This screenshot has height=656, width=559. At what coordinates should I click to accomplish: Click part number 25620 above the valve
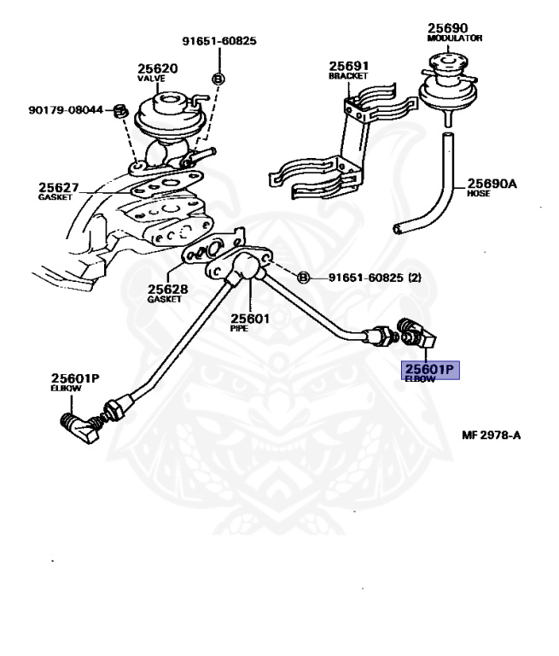coord(158,68)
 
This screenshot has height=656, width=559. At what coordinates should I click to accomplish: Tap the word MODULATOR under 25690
coord(455,38)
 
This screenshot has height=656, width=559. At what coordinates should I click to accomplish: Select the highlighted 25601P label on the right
coord(431,369)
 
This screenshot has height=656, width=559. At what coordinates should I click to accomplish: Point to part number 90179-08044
coord(65,110)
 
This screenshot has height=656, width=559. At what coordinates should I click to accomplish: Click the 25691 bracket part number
coord(348,65)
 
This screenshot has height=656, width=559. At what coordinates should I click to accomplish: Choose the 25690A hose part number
coord(492,184)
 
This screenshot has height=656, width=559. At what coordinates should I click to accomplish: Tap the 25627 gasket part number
coord(57,187)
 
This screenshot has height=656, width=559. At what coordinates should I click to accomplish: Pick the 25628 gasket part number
coord(167,289)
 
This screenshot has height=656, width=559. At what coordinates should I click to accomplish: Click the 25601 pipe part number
coord(252,319)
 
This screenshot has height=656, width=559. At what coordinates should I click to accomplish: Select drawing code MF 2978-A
coord(492,435)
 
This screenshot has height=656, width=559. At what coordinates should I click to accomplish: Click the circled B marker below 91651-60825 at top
coord(218,79)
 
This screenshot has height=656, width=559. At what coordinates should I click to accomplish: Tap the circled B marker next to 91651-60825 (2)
coord(302,278)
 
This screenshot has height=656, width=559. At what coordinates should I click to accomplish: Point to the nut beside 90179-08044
coord(120,111)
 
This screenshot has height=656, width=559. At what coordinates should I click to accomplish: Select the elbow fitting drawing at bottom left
coord(84,426)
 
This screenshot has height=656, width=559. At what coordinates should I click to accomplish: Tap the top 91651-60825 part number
coord(219,41)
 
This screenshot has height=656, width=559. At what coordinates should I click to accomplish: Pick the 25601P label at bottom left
coord(75,378)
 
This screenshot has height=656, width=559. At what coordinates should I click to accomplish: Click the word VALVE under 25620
coord(151,79)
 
